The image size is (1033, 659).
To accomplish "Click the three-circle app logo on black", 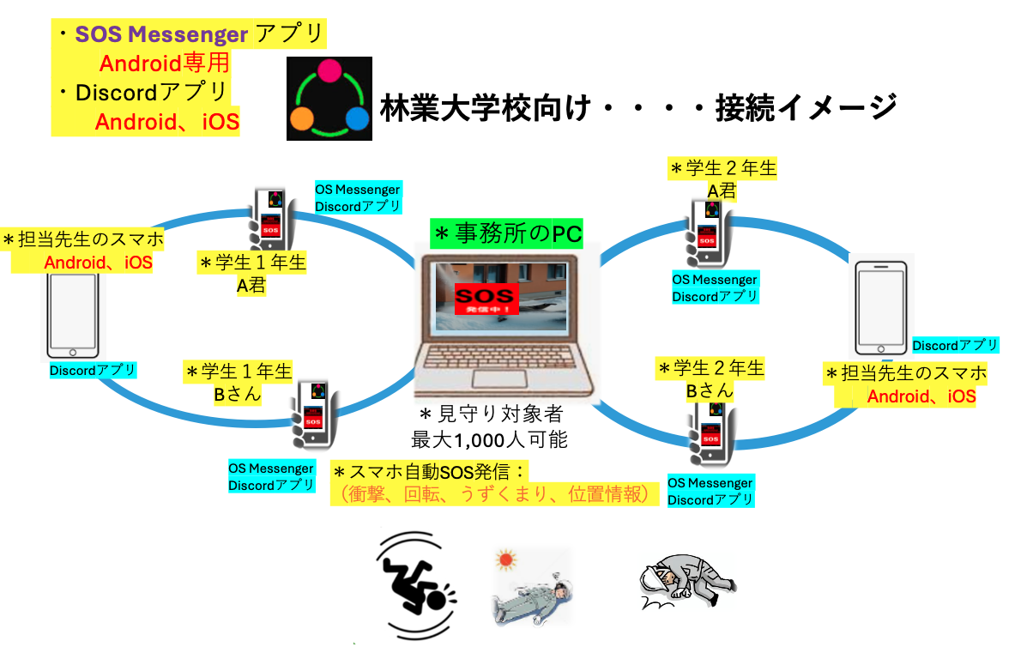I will pos(329,98).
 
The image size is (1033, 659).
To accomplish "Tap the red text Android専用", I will pos(164,63).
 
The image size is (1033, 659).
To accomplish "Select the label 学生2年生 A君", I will pos(722,178).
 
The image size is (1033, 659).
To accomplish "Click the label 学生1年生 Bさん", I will pos(239,382).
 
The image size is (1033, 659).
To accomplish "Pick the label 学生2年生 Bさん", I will pos(710,378).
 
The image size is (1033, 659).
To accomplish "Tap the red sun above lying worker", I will pos(506,562).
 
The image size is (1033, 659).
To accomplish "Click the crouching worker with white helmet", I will pos(686,584).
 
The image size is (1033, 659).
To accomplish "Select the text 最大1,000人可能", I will pos(489,440).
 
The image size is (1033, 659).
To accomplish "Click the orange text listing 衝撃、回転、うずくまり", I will pos(493,495).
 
